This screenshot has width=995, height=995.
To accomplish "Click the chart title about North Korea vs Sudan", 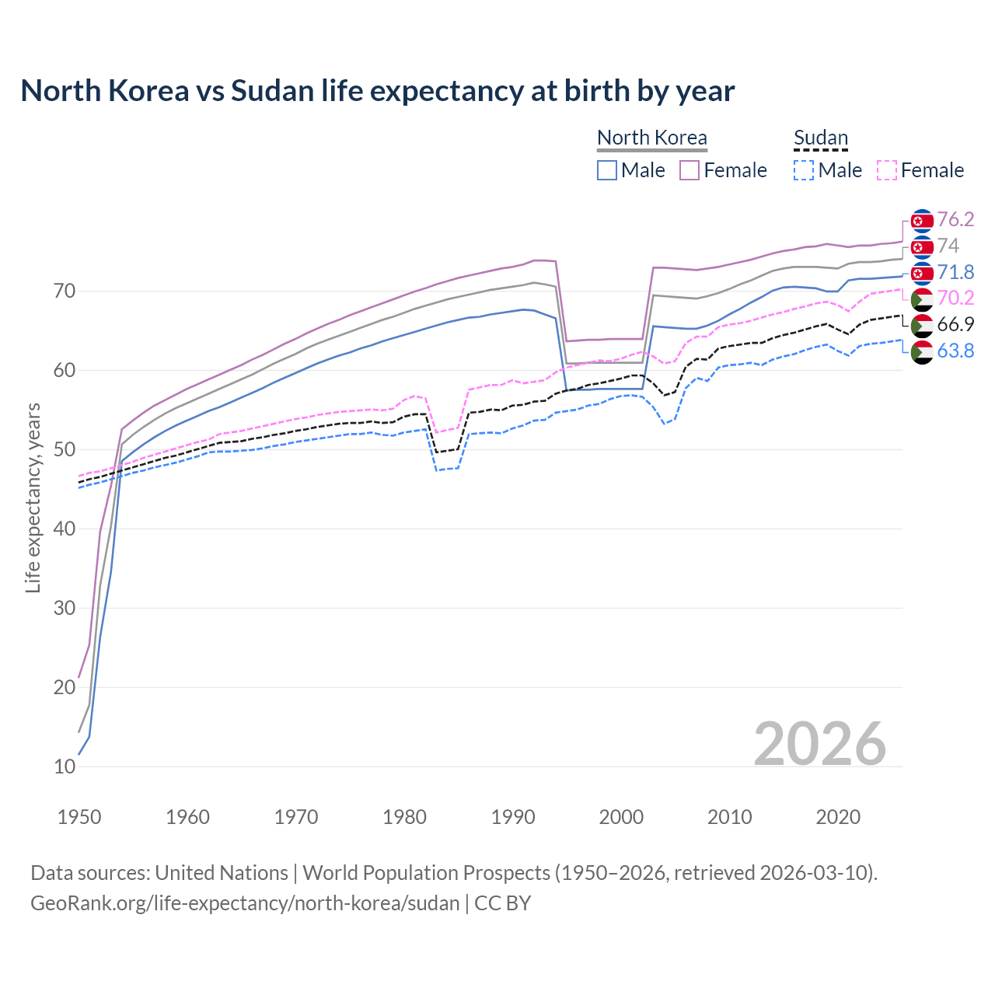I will (377, 91).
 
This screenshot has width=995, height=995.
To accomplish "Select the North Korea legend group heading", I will (651, 138).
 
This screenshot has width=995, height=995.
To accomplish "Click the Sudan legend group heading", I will (820, 138).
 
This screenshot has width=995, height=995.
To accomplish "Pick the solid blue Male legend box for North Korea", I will (607, 170).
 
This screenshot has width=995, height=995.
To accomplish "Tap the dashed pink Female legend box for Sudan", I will (887, 170).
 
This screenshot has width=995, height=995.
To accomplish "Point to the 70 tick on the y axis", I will (65, 292).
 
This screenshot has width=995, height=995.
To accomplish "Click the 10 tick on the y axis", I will (65, 766).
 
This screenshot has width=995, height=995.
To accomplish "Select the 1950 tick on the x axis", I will (79, 817).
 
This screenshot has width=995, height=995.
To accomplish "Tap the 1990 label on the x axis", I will (513, 817).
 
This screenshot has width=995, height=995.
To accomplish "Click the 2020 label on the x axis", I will (838, 817).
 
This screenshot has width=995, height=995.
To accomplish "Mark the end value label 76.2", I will (955, 220).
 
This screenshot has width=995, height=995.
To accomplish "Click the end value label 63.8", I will (955, 351).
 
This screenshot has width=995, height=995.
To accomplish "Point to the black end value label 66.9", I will (955, 325).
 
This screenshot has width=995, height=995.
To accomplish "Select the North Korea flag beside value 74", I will (922, 247).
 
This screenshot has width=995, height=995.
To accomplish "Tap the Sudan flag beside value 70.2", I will (922, 299).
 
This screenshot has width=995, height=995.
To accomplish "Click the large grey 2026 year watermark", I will (819, 744).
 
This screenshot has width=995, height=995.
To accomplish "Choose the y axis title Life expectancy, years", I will (33, 497).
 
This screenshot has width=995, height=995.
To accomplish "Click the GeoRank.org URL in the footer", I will (245, 903).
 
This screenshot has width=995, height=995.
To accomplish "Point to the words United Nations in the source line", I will (222, 873).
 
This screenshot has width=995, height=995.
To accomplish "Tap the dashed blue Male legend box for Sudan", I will (804, 170).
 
